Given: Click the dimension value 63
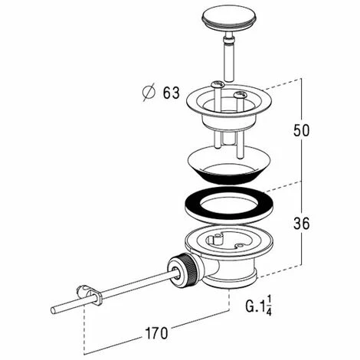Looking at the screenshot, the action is point(172,93).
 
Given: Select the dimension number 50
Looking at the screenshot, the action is point(301,130).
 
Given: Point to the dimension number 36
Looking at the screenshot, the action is point(301,224).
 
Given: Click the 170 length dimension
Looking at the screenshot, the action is point(156,333).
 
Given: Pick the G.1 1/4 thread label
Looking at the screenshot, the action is point(259,306).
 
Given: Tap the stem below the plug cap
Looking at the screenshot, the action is point(227,58).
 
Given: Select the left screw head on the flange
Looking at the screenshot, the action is point(218,84).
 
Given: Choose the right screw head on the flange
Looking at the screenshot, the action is point(240,94).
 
